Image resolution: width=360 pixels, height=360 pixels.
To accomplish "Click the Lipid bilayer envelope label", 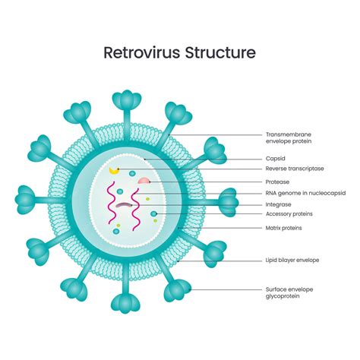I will [292, 260].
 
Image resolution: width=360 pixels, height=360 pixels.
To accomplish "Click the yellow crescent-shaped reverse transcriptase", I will [115, 172].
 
